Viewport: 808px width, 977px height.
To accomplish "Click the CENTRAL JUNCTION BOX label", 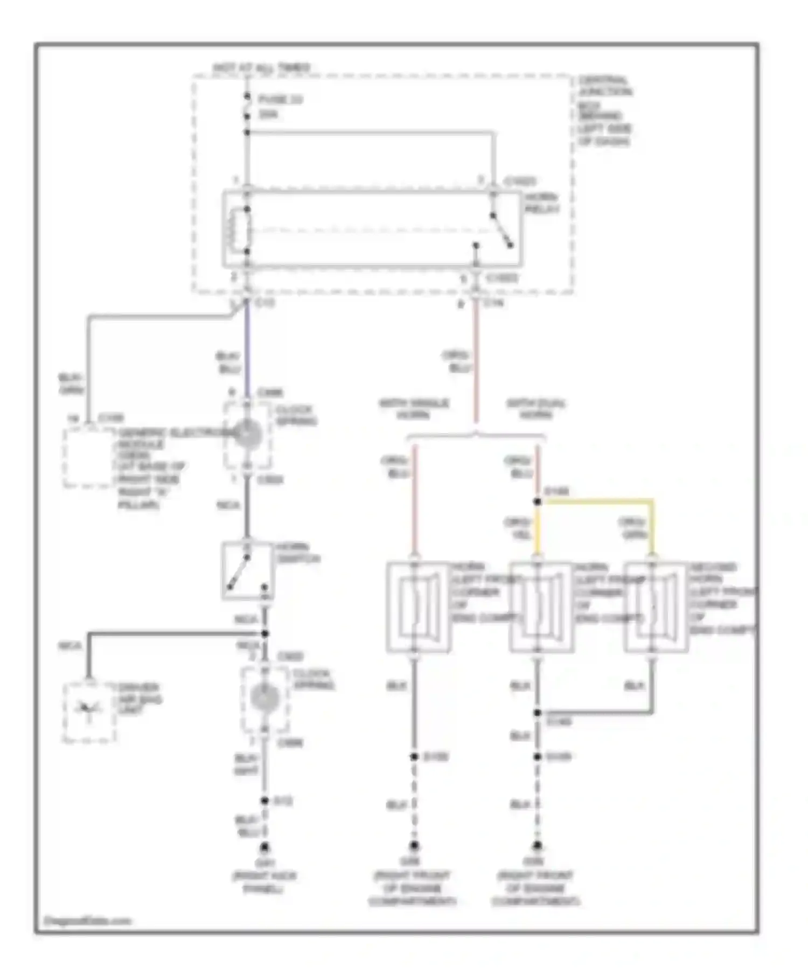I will click(604, 110).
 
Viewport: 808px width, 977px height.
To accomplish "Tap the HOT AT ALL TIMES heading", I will click(262, 68).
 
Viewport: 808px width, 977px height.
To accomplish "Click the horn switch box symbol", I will click(247, 571).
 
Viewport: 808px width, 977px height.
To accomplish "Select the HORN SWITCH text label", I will click(297, 553).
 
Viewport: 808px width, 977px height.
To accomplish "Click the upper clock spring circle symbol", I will click(247, 435).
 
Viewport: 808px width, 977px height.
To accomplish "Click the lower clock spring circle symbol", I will click(264, 698).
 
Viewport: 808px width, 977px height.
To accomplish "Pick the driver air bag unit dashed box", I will click(89, 712).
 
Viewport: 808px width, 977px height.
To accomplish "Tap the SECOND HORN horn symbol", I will click(654, 607).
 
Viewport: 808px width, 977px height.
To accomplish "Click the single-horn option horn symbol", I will click(417, 607).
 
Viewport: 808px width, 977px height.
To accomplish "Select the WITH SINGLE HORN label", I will click(414, 409).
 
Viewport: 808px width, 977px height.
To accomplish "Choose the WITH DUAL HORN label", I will click(535, 409).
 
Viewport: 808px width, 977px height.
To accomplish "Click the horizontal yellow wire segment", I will click(596, 501).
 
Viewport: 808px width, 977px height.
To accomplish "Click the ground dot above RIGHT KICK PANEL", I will click(264, 847).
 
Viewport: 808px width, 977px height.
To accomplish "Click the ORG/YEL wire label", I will click(518, 528).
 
